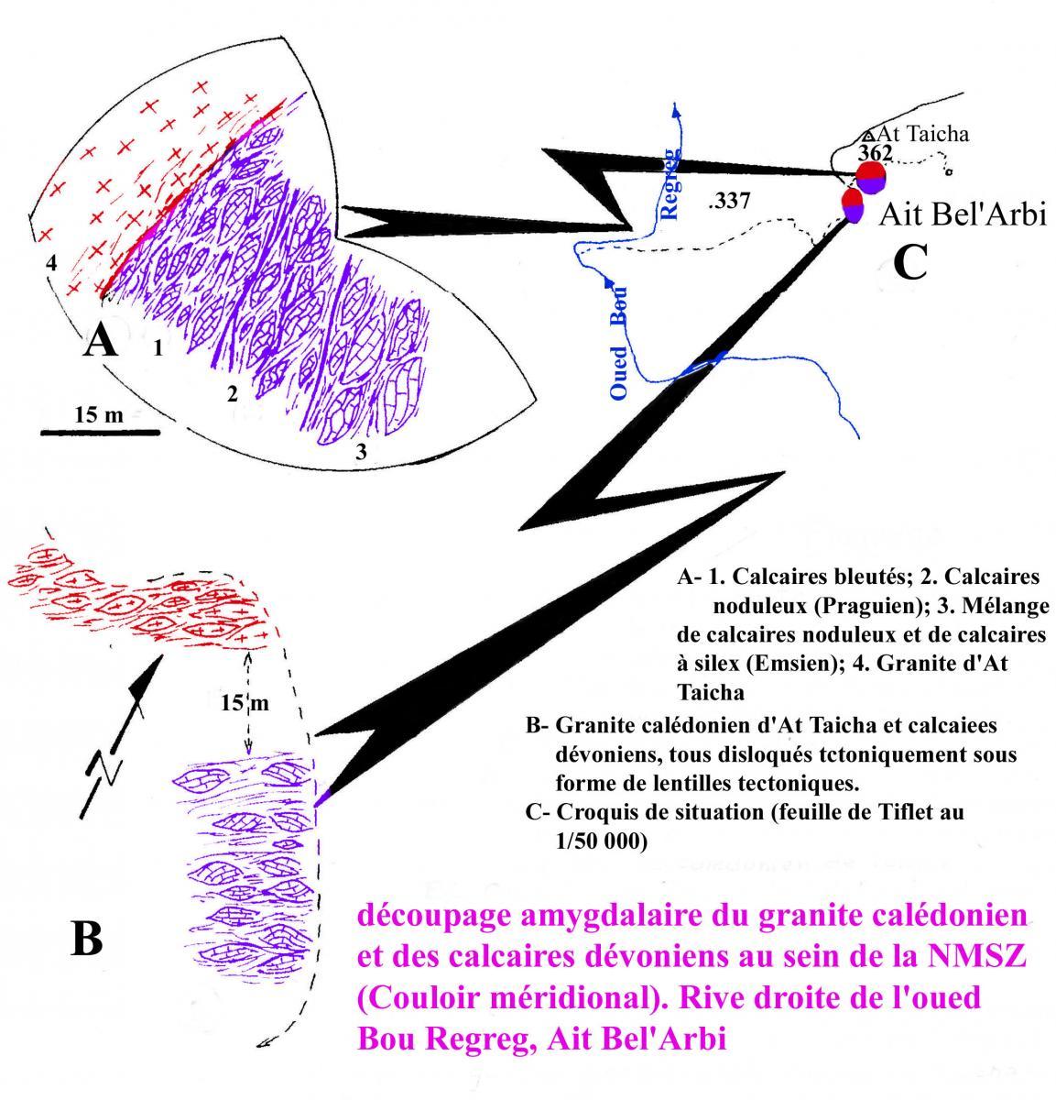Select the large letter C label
click(x=910, y=260)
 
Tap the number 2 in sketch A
click(x=232, y=394)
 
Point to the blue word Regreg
click(x=670, y=183)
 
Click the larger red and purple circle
click(x=870, y=178)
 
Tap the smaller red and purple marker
click(x=854, y=206)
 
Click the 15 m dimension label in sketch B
click(x=245, y=703)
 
